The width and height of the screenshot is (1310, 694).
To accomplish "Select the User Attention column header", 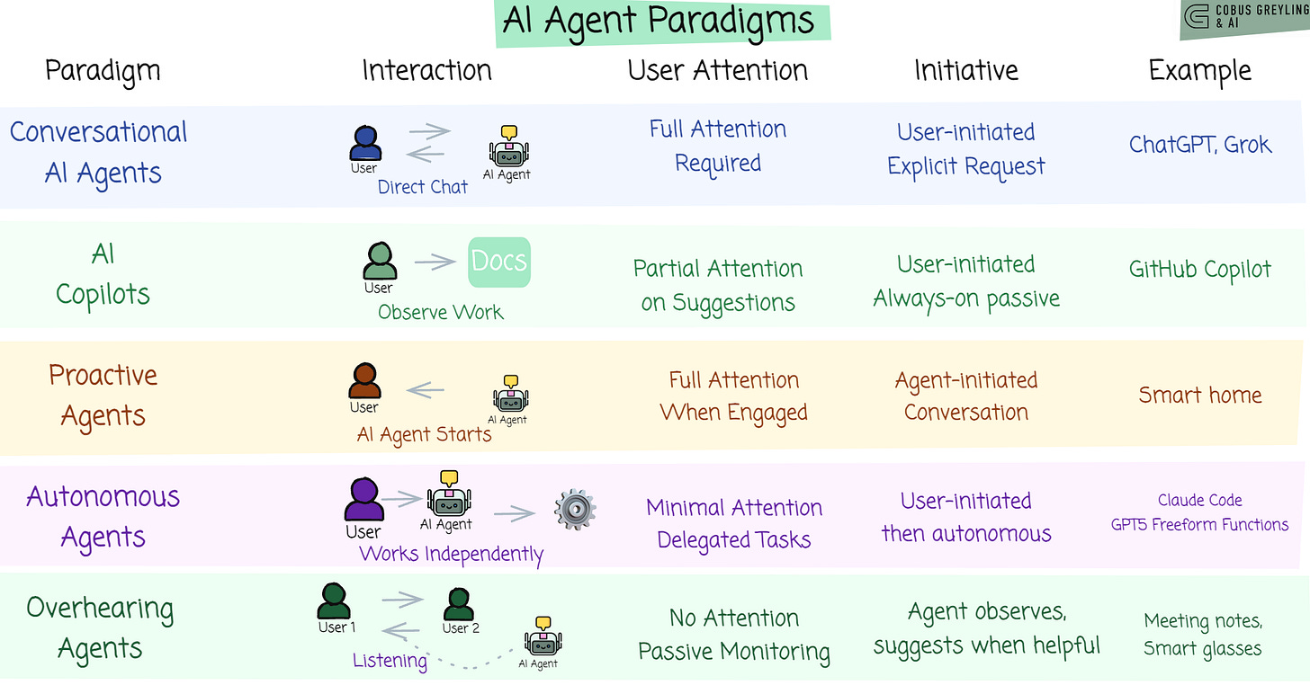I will [717, 70].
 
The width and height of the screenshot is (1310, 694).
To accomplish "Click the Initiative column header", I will [966, 70].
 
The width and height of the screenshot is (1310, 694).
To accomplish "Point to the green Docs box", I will [499, 262].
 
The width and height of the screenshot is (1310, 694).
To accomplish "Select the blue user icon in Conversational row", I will [364, 143].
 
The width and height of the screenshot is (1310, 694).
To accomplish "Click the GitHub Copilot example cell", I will [1199, 269].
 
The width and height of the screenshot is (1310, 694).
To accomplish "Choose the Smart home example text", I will [1199, 395].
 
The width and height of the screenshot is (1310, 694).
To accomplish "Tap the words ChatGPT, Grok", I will [1199, 144].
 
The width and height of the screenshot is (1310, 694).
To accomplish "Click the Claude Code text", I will [1199, 500].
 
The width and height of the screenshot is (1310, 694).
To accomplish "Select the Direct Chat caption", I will [422, 187].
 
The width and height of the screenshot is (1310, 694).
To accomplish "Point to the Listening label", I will [390, 661].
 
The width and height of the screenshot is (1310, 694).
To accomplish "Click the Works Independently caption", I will [451, 554].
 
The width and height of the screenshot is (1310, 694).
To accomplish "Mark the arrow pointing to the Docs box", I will [435, 262].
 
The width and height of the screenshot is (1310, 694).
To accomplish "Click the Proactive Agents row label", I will [103, 395].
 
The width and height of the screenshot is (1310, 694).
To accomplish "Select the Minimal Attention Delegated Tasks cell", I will [733, 523].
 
